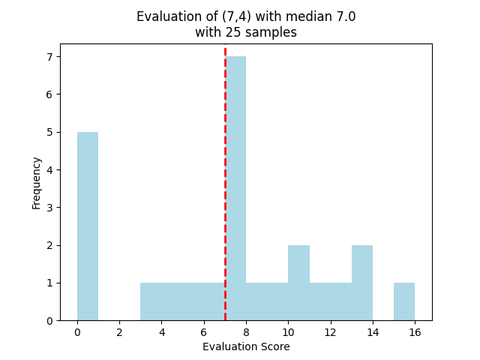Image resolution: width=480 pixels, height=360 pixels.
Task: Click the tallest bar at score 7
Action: (235, 187)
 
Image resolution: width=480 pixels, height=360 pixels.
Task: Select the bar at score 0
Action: (88, 225)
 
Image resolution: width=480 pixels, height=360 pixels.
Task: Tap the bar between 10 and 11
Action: (298, 283)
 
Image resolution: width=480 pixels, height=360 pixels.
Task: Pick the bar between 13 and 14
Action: (362, 283)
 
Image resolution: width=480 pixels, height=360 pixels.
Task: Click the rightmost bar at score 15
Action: (404, 301)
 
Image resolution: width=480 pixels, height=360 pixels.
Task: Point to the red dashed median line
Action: (225, 150)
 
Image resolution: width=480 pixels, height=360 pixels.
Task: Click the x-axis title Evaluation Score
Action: (246, 347)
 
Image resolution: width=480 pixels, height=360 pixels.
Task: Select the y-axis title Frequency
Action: (37, 182)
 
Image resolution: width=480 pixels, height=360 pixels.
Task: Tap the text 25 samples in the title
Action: (259, 32)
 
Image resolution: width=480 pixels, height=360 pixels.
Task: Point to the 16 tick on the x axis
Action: (415, 332)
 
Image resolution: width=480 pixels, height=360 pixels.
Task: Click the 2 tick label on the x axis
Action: (119, 332)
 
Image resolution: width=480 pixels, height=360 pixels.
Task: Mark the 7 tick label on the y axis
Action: (49, 57)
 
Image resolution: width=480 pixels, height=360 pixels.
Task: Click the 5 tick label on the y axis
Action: (49, 132)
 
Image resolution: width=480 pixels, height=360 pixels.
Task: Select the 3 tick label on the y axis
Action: (49, 208)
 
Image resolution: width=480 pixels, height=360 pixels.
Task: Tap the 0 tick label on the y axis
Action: (49, 320)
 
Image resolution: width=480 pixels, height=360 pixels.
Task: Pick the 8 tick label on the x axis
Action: (246, 332)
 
